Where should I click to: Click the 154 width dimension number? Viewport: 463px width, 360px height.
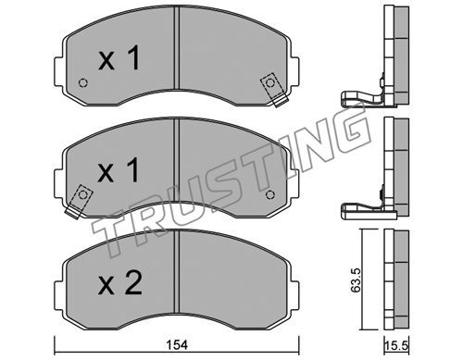click(x=177, y=344)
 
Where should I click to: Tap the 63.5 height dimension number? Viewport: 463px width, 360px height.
click(x=356, y=279)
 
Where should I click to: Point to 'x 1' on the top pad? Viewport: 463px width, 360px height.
click(x=119, y=57)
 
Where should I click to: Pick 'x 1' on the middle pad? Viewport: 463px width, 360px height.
click(x=119, y=170)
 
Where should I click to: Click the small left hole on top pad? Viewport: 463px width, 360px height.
click(x=83, y=83)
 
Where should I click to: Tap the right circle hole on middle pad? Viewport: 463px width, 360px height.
click(x=270, y=194)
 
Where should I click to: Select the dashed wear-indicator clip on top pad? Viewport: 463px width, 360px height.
click(x=273, y=89)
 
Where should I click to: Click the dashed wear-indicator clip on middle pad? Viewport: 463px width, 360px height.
click(x=79, y=202)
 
